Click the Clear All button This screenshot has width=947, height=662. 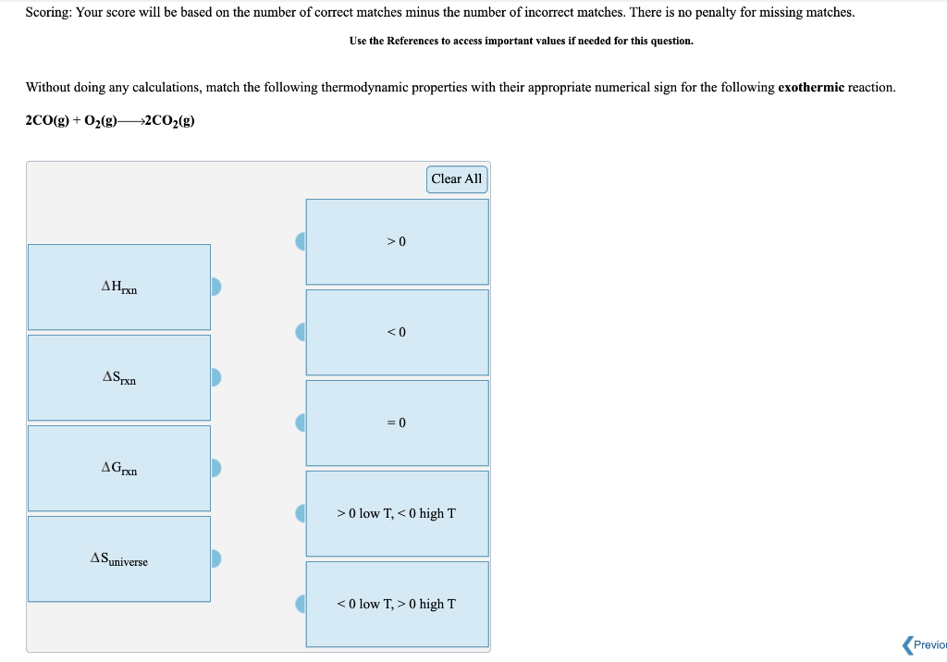pyautogui.click(x=457, y=179)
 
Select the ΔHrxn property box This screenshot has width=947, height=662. pyautogui.click(x=119, y=287)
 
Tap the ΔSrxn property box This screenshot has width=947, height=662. pyautogui.click(x=119, y=377)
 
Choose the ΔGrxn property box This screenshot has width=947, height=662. pyautogui.click(x=119, y=468)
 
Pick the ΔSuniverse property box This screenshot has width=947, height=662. pyautogui.click(x=119, y=558)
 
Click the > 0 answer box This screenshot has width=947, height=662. pyautogui.click(x=397, y=241)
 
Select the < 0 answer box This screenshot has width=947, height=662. pyautogui.click(x=397, y=332)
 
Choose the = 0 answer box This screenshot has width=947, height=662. pyautogui.click(x=397, y=423)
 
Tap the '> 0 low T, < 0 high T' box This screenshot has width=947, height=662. pyautogui.click(x=397, y=513)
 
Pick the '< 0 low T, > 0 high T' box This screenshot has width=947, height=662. pyautogui.click(x=397, y=604)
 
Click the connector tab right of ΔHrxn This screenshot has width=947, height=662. pyautogui.click(x=216, y=287)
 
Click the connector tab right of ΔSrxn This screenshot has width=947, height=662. pyautogui.click(x=216, y=377)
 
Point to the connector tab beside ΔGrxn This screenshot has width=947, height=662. pyautogui.click(x=216, y=468)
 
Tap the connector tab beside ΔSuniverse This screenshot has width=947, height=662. pyautogui.click(x=216, y=558)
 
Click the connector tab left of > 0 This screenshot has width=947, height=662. pyautogui.click(x=301, y=241)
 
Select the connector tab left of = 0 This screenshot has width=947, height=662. pyautogui.click(x=301, y=423)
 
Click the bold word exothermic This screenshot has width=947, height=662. pyautogui.click(x=811, y=88)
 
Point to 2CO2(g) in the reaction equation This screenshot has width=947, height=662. pyautogui.click(x=170, y=121)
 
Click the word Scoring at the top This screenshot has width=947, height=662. pyautogui.click(x=49, y=13)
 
